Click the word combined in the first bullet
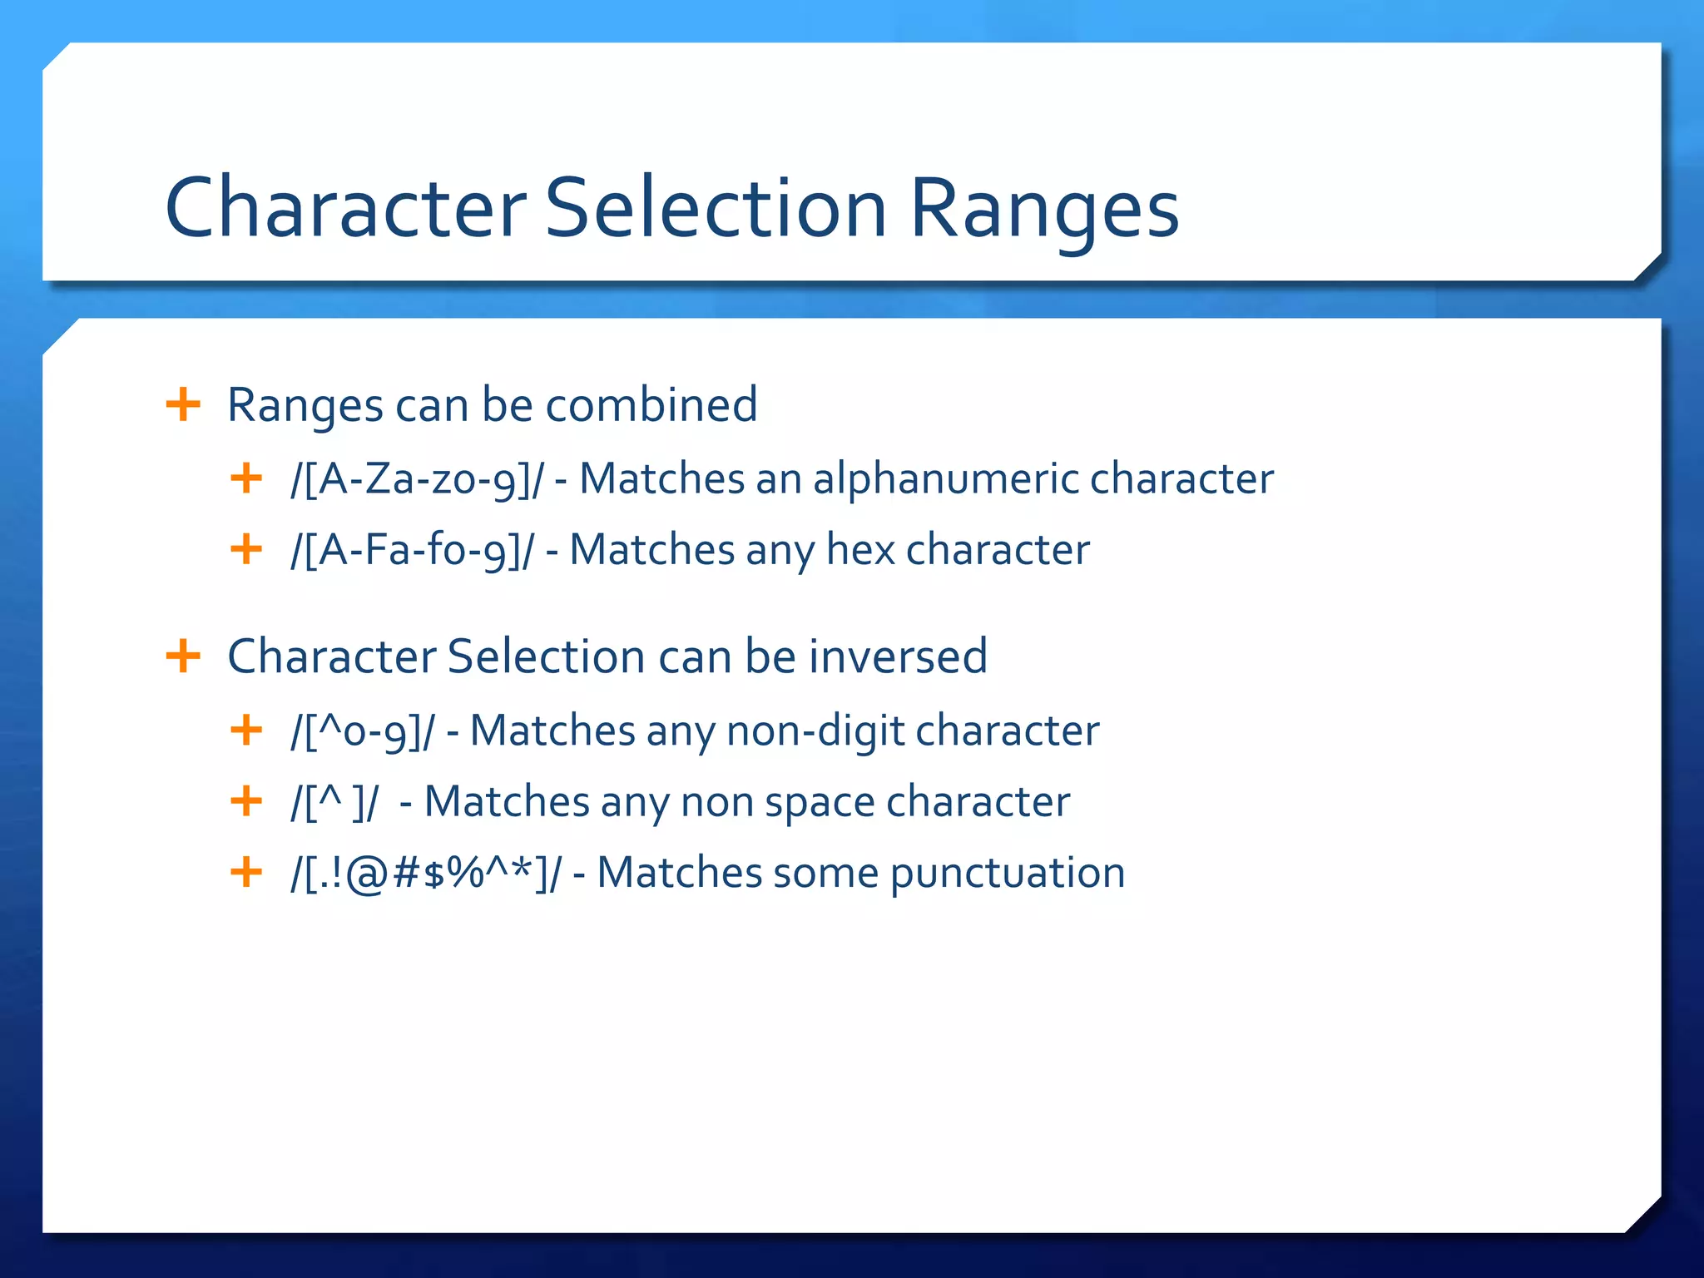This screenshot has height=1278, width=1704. pyautogui.click(x=651, y=405)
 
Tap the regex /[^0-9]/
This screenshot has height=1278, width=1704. pyautogui.click(x=363, y=731)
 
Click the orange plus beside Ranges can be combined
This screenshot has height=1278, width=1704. pyautogui.click(x=183, y=405)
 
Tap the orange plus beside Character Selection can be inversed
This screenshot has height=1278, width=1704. pyautogui.click(x=183, y=656)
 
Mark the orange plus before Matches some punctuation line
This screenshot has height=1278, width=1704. pyautogui.click(x=246, y=873)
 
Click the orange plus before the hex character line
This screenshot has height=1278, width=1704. pyautogui.click(x=246, y=549)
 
